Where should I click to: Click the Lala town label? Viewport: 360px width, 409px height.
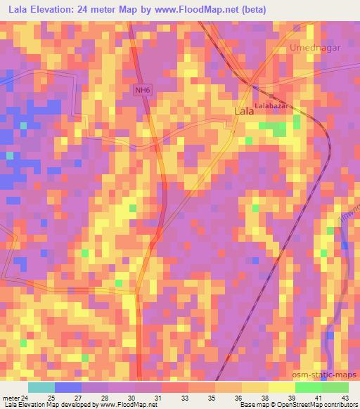pyautogui.click(x=243, y=111)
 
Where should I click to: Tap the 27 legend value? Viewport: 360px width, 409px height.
pyautogui.click(x=77, y=397)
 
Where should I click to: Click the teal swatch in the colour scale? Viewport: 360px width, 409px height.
pyautogui.click(x=41, y=387)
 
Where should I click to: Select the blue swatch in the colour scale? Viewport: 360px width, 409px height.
pyautogui.click(x=68, y=387)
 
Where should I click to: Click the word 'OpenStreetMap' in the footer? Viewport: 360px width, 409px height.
pyautogui.click(x=296, y=405)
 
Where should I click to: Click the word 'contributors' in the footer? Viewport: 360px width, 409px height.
pyautogui.click(x=340, y=405)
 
